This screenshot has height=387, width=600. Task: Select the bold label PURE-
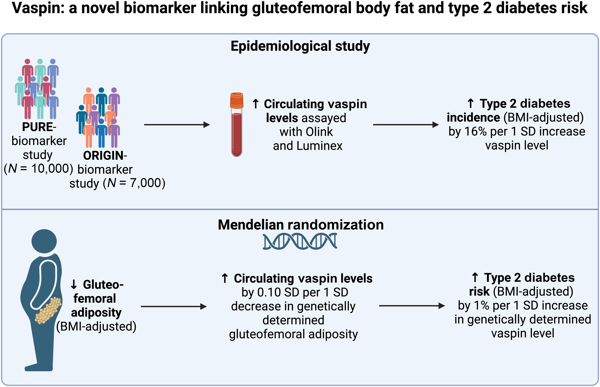[x=39, y=127]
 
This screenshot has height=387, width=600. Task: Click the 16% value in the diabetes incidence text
[x=476, y=131]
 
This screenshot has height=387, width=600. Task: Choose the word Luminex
[x=319, y=146]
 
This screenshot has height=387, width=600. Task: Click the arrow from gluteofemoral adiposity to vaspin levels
[x=173, y=306]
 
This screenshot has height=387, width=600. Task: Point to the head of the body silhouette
[x=44, y=241]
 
